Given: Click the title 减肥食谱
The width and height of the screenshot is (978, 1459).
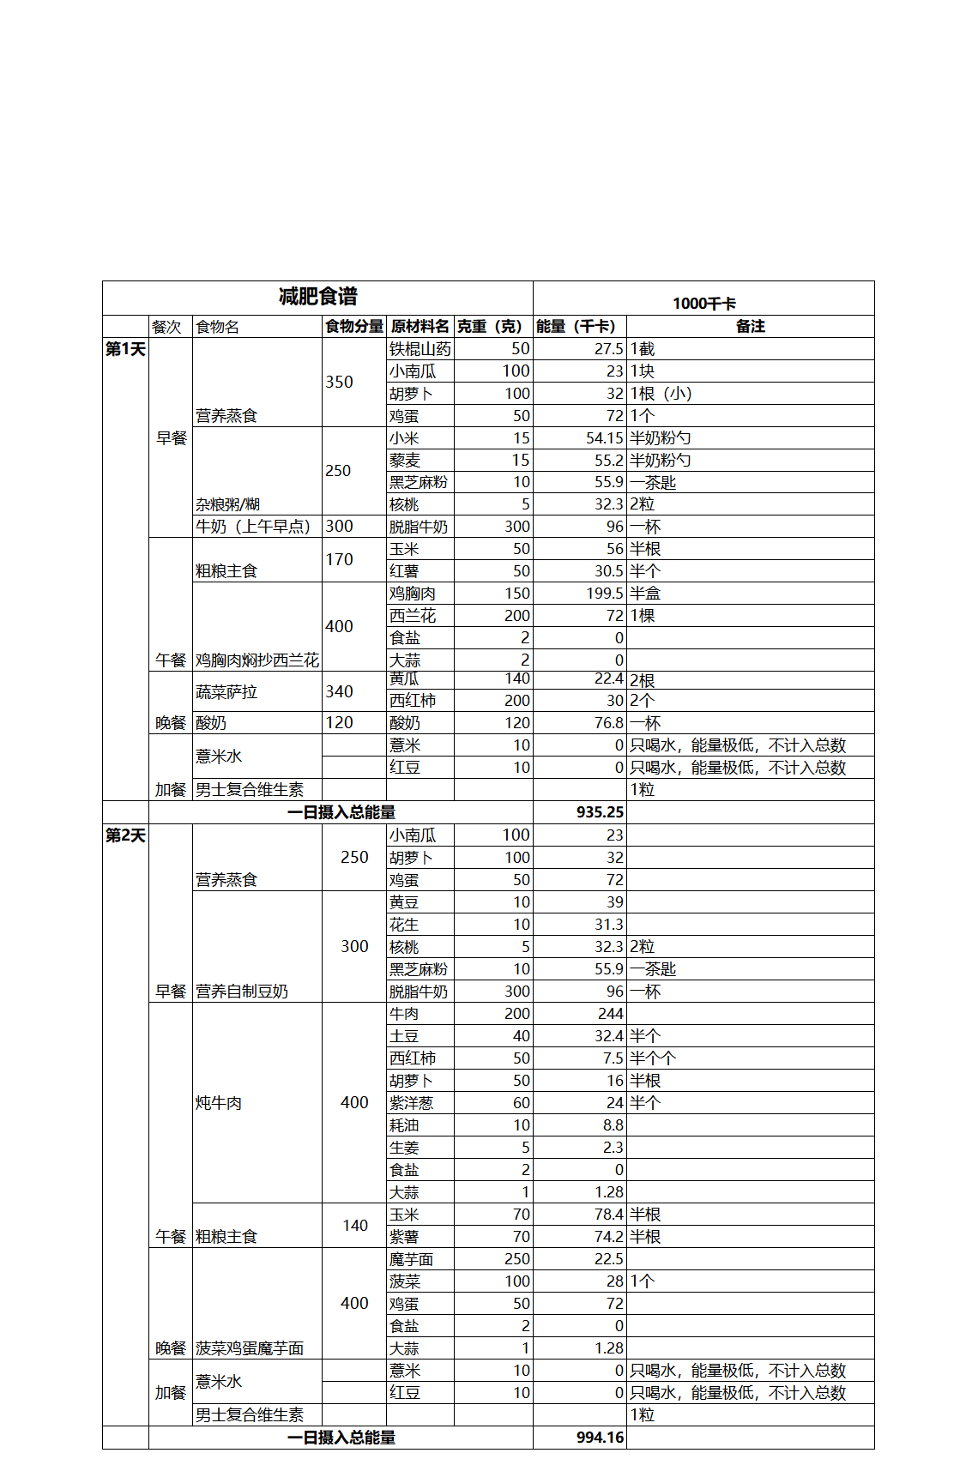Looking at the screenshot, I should pos(317,297).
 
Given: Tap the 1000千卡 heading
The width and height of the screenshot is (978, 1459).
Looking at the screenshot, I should pos(703,304).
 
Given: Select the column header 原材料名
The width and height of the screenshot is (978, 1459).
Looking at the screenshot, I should pos(420,327).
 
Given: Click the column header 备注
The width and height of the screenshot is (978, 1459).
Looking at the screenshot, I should pos(750,327).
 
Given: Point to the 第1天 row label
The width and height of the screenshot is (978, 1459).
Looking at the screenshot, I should pos(125,349).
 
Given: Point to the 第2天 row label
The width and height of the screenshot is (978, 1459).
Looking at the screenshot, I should pos(125,835).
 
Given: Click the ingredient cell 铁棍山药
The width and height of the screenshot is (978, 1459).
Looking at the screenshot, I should pos(420,349).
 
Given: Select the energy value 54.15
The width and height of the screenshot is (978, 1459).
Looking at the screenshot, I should pos(604,438).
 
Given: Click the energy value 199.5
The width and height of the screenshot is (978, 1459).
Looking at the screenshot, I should pos(604,594).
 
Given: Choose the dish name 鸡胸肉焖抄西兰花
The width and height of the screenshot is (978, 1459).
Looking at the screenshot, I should pos(257,660).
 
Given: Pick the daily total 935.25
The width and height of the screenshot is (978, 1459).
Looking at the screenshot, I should pos(600,812).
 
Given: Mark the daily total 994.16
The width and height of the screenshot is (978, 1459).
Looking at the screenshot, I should pos(600,1438).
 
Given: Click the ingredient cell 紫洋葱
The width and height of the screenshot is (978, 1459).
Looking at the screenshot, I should pos(411,1103).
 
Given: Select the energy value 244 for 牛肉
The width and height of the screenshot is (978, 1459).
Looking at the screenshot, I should pos(610,1014).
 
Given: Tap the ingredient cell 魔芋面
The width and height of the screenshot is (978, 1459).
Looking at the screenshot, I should pos(411,1259).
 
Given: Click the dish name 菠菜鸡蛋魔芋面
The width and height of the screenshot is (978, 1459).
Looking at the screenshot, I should pos(250,1348).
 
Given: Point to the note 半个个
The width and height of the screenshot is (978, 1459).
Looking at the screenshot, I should pos(653,1058).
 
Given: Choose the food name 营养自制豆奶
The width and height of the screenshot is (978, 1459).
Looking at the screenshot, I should pos(242,992).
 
